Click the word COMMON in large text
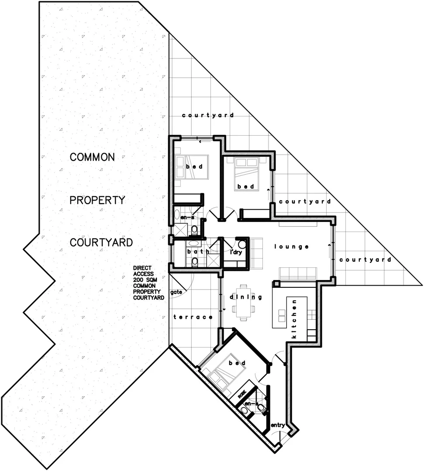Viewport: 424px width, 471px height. pyautogui.click(x=92, y=157)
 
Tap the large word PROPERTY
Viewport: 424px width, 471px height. pyautogui.click(x=98, y=200)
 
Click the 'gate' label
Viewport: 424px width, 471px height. pyautogui.click(x=176, y=292)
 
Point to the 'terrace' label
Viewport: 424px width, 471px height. pyautogui.click(x=193, y=317)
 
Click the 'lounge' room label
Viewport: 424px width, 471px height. pyautogui.click(x=291, y=247)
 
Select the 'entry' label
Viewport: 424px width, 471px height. pyautogui.click(x=278, y=425)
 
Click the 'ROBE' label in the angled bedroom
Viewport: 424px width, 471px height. pyautogui.click(x=242, y=395)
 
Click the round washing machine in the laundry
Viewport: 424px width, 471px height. pyautogui.click(x=242, y=244)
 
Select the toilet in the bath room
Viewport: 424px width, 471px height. pyautogui.click(x=194, y=262)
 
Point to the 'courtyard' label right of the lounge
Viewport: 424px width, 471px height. pyautogui.click(x=365, y=259)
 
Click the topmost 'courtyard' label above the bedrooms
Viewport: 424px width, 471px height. pyautogui.click(x=208, y=116)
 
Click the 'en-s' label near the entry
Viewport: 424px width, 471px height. pyautogui.click(x=251, y=404)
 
